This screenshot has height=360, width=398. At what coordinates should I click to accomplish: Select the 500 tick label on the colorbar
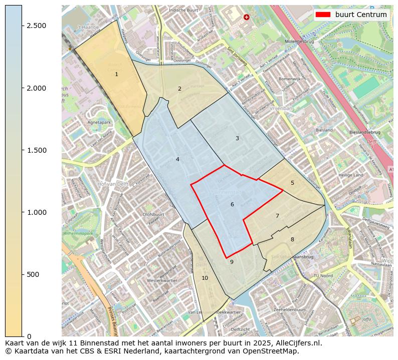pos(33,274)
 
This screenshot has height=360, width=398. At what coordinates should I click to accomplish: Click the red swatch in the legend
pos(323,15)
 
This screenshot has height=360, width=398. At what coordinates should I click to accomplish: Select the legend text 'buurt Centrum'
pos(361,15)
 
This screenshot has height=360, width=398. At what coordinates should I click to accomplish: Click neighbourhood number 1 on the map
pos(116,74)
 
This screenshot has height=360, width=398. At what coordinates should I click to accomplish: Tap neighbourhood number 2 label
pos(179,89)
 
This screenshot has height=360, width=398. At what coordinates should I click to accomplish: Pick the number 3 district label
pos(237,138)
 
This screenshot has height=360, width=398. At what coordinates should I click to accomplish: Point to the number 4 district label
pos(177,159)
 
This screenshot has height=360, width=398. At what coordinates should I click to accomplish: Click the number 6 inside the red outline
pos(232,204)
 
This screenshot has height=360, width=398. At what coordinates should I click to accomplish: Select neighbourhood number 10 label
pos(205,278)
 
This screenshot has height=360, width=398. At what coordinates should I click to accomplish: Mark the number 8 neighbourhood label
pos(292,239)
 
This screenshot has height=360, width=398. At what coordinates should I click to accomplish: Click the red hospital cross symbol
pos(246,17)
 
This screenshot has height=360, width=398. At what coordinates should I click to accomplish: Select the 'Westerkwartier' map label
pos(162,281)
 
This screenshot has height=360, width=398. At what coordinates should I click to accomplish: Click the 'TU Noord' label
pos(323,276)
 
